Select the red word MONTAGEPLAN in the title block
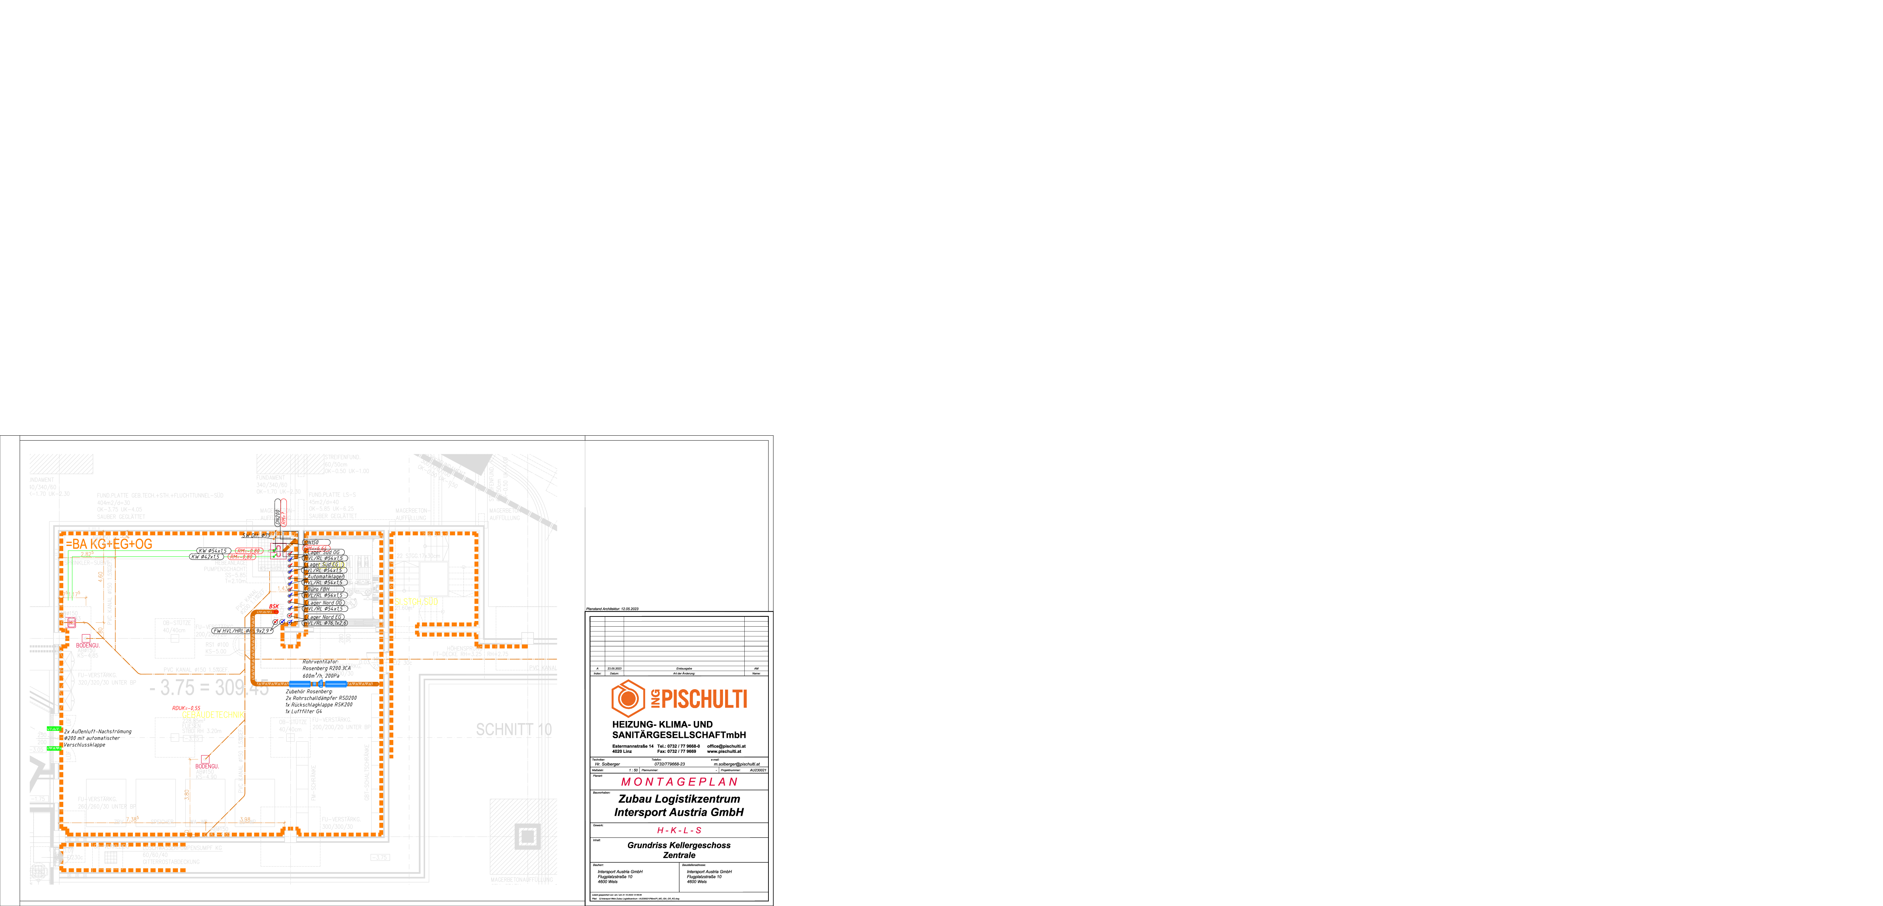tap(679, 782)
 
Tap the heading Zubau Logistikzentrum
tap(679, 799)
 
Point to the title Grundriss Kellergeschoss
tap(679, 845)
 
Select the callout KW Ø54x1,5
tap(214, 551)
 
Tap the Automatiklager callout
tap(325, 576)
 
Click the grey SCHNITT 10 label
tap(514, 730)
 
